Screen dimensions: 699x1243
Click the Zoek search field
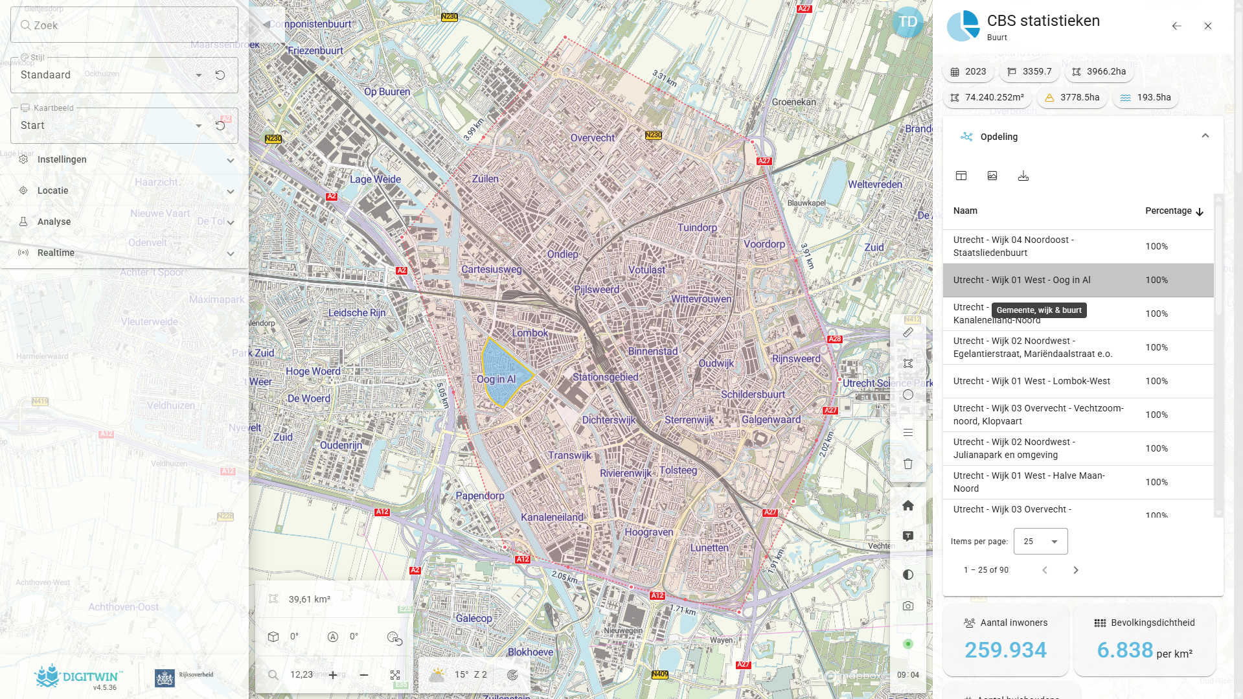pos(123,25)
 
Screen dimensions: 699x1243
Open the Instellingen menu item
pos(62,159)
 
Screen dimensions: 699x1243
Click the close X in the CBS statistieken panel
pos(1207,26)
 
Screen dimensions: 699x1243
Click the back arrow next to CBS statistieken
pos(1176,26)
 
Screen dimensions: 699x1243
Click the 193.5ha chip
pos(1145,97)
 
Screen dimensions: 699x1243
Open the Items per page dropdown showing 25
pos(1040,541)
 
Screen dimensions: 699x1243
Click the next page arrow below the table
pos(1075,570)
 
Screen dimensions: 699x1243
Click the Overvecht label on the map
pos(592,138)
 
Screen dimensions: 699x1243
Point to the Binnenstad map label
pos(652,351)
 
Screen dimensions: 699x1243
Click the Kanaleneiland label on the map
pos(552,517)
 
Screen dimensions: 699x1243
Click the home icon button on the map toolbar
pos(907,505)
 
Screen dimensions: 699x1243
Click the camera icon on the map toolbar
pos(907,606)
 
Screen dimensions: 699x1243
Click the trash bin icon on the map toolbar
pos(907,464)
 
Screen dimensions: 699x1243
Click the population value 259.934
pos(1005,650)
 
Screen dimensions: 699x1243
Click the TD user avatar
pos(907,22)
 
